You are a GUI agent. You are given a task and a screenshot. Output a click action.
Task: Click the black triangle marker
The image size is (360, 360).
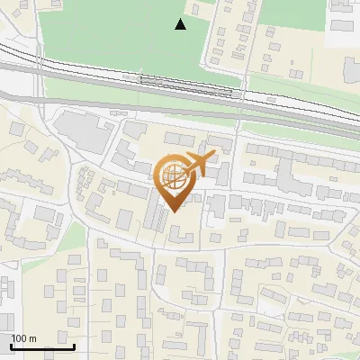tap(181, 24)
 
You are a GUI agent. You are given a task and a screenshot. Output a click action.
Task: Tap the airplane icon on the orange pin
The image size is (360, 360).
tap(196, 164)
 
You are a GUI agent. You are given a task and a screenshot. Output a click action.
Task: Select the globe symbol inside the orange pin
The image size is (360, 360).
tap(175, 177)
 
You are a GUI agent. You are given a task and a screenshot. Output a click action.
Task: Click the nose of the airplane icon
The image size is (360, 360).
tap(214, 155)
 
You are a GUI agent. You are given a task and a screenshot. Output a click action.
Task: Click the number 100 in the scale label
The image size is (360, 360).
tap(20, 338)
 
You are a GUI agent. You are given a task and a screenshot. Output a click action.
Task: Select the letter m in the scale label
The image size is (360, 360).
tap(32, 338)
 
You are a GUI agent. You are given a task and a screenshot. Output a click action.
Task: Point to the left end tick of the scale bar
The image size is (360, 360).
tap(11, 345)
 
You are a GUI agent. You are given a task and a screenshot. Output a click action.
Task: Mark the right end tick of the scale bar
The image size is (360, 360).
tap(74, 345)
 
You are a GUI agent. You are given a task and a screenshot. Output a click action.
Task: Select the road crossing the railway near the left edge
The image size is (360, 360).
tap(39, 76)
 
